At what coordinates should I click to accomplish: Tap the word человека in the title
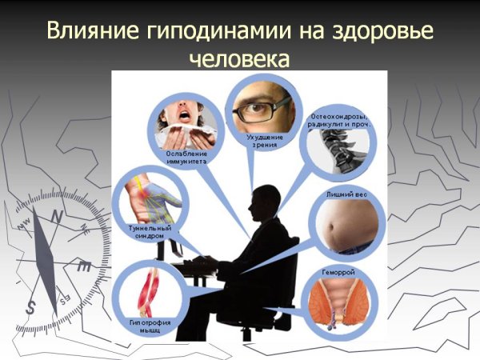[239, 59]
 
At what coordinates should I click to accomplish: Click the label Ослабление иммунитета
[187, 156]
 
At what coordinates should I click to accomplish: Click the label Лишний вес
[346, 194]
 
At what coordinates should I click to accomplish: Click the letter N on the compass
[56, 216]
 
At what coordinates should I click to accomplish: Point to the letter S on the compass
[31, 306]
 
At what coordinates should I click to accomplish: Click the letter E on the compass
[83, 268]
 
